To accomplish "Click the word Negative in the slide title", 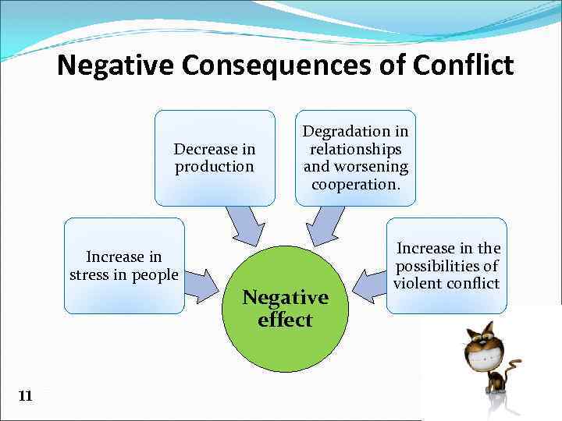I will coord(116,65).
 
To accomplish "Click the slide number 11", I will coord(25,396).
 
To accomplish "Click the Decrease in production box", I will coord(215,157).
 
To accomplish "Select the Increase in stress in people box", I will coord(124,266).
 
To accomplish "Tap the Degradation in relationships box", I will coord(355,157).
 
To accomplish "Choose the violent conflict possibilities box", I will coord(446,266).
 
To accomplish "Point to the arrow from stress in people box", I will coord(201,285).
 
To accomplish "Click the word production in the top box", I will coord(215,166).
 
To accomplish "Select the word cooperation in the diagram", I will coord(355,185).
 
